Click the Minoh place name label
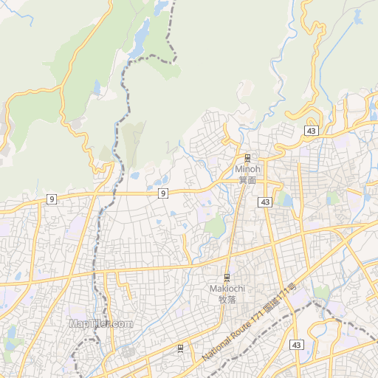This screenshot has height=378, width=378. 247,169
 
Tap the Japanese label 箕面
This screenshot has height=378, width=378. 247,179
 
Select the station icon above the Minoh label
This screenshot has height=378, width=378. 247,157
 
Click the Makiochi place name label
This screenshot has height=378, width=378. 227,289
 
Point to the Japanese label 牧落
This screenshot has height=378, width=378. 227,299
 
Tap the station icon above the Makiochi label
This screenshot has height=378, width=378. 227,277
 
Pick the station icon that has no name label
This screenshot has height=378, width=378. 180,347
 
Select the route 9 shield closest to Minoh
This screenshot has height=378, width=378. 162,193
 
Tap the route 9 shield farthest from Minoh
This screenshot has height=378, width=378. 51,199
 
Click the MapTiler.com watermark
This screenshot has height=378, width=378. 100,323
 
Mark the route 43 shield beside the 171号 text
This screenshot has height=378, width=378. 296,345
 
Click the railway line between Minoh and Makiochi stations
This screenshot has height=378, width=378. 236,221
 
